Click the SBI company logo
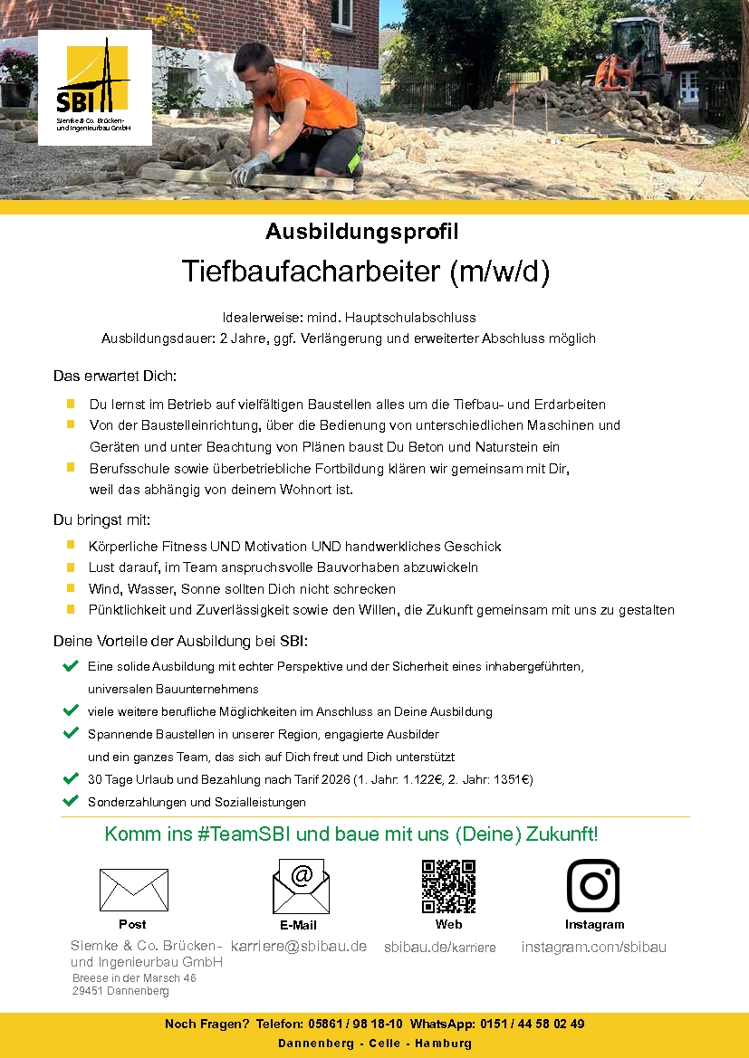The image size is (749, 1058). [x=94, y=86]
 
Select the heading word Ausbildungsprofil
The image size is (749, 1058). [x=361, y=232]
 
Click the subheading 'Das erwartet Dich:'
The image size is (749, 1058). [x=115, y=376]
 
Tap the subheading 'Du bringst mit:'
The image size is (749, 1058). [x=101, y=520]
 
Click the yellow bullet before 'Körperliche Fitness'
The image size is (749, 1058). [x=70, y=546]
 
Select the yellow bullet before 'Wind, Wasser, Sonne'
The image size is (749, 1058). [x=70, y=588]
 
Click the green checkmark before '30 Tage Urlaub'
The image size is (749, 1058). [x=70, y=778]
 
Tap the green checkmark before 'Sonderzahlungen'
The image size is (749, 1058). [x=70, y=801]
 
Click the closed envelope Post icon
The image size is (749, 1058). [x=133, y=889]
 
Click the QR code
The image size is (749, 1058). [x=448, y=887]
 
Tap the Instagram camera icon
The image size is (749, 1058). [x=593, y=886]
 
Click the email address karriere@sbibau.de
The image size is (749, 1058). [x=299, y=947]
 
